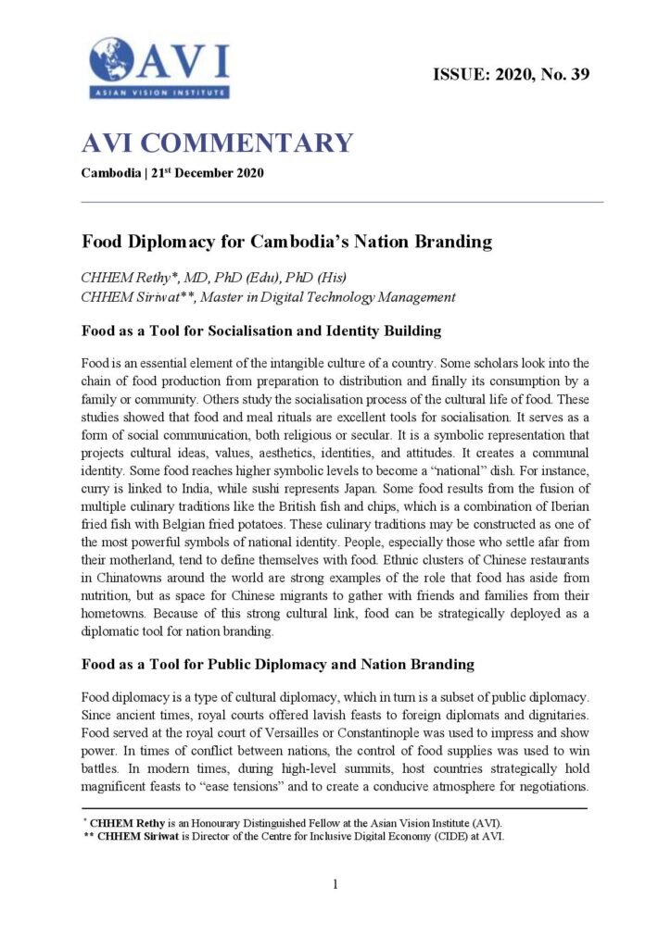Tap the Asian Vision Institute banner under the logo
(159, 93)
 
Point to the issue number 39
(579, 74)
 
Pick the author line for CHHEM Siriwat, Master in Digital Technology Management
(269, 297)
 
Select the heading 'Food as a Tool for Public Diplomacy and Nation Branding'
(277, 664)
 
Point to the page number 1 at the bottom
(335, 885)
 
